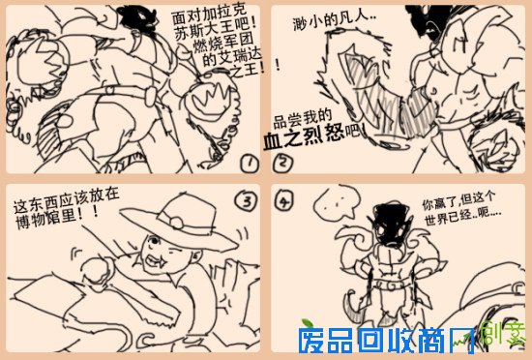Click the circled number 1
[x=250, y=164]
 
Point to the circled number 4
[x=282, y=202]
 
